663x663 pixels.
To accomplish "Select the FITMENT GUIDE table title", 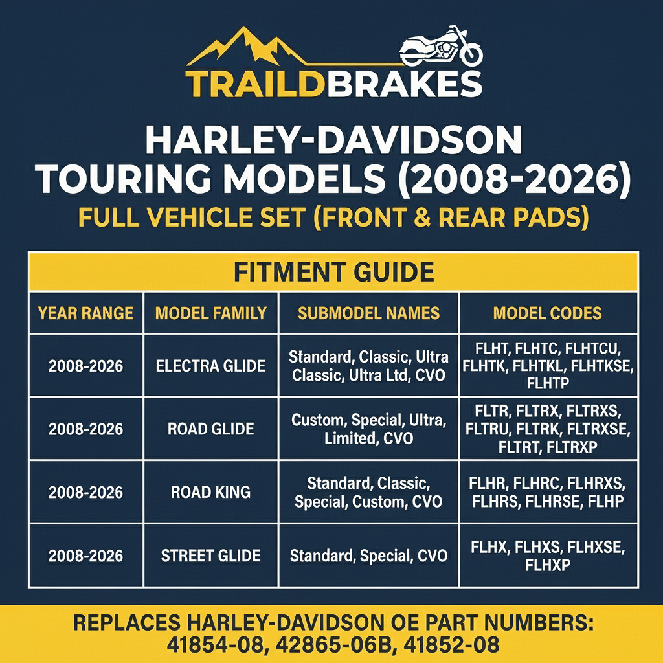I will tap(333, 272).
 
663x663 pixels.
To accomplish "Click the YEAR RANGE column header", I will tap(85, 313).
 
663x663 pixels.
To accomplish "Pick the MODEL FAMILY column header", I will tap(210, 313).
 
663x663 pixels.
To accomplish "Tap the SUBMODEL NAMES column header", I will tap(368, 313).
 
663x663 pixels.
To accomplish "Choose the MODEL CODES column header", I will tap(547, 313).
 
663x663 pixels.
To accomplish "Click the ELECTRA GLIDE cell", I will tap(210, 366).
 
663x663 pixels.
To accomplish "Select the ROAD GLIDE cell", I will tap(210, 429).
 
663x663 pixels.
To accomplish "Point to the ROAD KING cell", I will tap(210, 492).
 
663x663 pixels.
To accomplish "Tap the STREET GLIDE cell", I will tap(210, 556).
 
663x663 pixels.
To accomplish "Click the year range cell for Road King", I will tap(85, 492).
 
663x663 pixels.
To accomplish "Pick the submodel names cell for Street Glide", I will tap(368, 556).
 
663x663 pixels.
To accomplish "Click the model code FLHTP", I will tap(548, 383).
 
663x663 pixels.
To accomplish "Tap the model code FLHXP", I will tap(548, 565).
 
